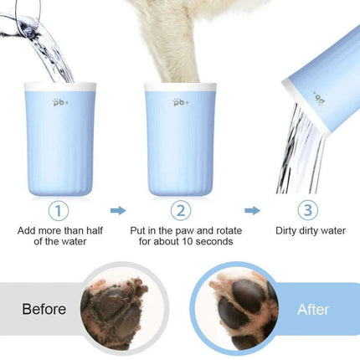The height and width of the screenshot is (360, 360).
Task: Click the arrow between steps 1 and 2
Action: pyautogui.click(x=117, y=211)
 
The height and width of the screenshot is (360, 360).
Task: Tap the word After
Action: pyautogui.click(x=313, y=309)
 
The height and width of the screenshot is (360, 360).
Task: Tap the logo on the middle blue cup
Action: pyautogui.click(x=178, y=101)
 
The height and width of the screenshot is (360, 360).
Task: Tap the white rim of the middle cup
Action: pyautogui.click(x=178, y=85)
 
